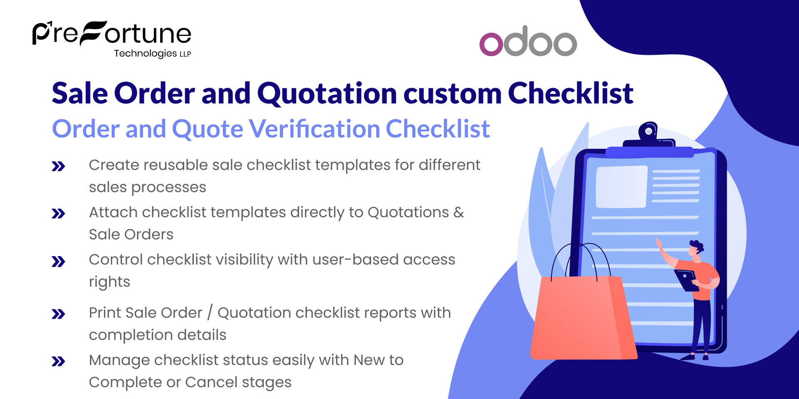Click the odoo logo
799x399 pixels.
click(x=528, y=42)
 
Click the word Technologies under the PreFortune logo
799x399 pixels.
click(x=145, y=53)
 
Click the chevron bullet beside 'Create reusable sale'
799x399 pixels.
click(x=58, y=167)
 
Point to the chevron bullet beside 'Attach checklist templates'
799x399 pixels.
click(x=58, y=214)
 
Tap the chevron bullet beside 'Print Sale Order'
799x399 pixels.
click(x=58, y=314)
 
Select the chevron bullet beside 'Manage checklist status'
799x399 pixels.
click(x=58, y=362)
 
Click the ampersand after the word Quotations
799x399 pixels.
click(x=458, y=212)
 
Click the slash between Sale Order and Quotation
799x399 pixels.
click(x=210, y=313)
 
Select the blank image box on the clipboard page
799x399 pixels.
click(x=621, y=187)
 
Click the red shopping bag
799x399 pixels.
click(x=583, y=318)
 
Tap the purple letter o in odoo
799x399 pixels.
click(x=491, y=44)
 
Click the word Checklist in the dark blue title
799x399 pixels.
click(x=570, y=93)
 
